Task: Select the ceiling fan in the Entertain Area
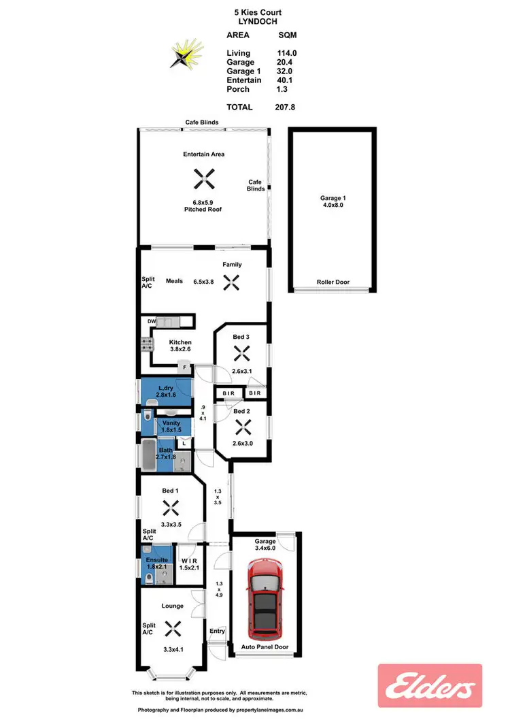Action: click(x=203, y=180)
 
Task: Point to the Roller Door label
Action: click(x=333, y=282)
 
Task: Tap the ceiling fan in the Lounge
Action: click(x=171, y=628)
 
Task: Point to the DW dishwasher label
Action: click(x=152, y=321)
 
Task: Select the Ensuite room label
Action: click(x=157, y=560)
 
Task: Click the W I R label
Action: click(x=190, y=560)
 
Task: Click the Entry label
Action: click(x=217, y=631)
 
